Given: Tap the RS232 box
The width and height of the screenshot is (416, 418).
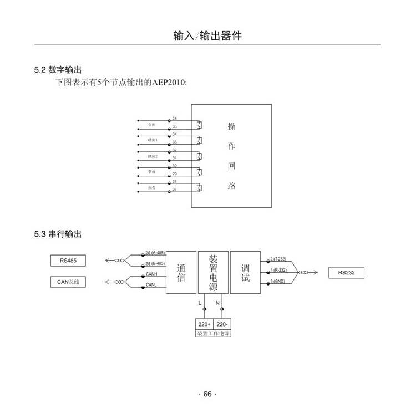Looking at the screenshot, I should pyautogui.click(x=350, y=273).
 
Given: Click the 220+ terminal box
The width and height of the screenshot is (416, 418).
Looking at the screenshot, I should pyautogui.click(x=204, y=324).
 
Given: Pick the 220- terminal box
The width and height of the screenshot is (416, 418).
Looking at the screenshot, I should pyautogui.click(x=222, y=324).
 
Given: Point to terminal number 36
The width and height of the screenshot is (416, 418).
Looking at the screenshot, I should pyautogui.click(x=174, y=119).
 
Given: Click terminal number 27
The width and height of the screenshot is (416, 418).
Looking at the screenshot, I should pyautogui.click(x=174, y=190).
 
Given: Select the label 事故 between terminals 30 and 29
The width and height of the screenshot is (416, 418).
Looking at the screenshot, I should pyautogui.click(x=152, y=172).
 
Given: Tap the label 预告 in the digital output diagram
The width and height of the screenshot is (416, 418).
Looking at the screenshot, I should pyautogui.click(x=152, y=188).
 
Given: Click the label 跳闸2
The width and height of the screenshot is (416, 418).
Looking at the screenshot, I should pyautogui.click(x=153, y=156).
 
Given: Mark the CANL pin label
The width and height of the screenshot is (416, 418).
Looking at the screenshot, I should pyautogui.click(x=151, y=284).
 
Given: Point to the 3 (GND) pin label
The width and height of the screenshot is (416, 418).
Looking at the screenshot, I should pyautogui.click(x=278, y=282).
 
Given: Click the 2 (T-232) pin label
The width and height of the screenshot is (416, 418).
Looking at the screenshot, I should pyautogui.click(x=278, y=259).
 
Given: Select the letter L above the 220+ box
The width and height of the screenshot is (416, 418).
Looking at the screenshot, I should pyautogui.click(x=200, y=303).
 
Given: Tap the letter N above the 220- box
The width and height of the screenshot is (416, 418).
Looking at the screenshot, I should pyautogui.click(x=217, y=303).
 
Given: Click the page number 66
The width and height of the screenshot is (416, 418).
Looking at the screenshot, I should pyautogui.click(x=207, y=394).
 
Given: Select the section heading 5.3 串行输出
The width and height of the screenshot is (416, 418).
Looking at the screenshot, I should pyautogui.click(x=58, y=235).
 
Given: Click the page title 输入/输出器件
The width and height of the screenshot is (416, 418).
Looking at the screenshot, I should pyautogui.click(x=207, y=37).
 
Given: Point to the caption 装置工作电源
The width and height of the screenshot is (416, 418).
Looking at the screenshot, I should pyautogui.click(x=213, y=334).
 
